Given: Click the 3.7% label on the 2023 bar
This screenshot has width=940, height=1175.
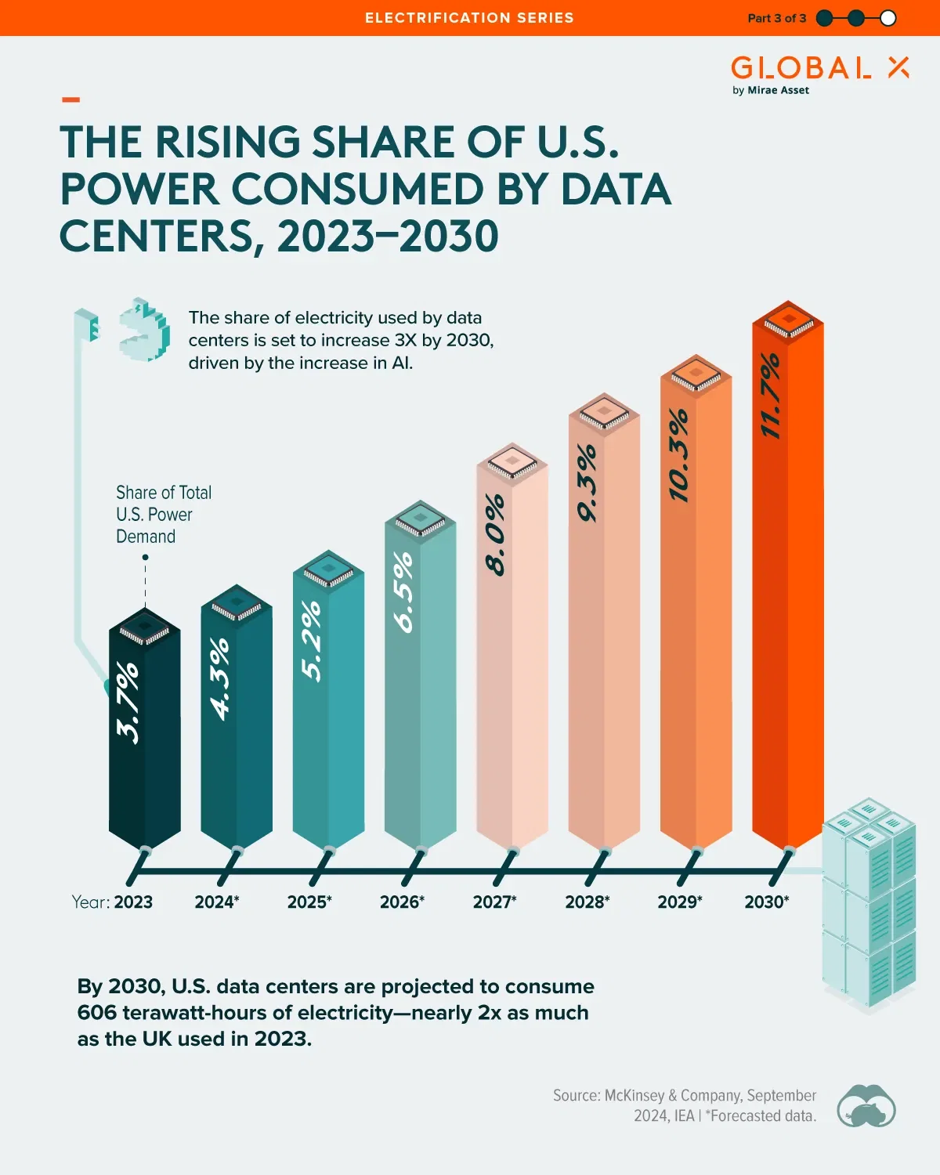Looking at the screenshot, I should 128,702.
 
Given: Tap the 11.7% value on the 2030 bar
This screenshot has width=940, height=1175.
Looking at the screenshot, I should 771,396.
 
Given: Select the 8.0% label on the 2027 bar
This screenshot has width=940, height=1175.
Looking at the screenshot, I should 495,534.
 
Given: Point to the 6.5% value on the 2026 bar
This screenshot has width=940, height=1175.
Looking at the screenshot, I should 403,591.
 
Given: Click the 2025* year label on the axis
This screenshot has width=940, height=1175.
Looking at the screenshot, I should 309,902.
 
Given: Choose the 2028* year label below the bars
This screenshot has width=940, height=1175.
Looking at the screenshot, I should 587,902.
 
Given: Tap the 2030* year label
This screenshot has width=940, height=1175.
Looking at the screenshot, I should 767,902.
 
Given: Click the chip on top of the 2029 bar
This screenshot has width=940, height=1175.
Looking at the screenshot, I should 696,374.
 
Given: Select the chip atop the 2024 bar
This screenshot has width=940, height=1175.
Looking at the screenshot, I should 237,605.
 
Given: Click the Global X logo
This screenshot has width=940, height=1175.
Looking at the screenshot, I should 819,68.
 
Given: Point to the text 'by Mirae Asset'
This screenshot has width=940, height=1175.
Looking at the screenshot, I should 771,90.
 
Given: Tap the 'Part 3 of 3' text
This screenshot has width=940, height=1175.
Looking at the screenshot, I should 776,18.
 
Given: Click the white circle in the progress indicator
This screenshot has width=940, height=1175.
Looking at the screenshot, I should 888,18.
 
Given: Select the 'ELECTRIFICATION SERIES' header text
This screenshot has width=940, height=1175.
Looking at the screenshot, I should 469,18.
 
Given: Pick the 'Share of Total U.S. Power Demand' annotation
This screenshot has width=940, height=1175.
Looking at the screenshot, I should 163,514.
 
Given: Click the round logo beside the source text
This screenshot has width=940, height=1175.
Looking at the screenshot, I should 866,1105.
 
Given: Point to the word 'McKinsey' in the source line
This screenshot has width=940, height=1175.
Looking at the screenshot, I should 634,1095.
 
